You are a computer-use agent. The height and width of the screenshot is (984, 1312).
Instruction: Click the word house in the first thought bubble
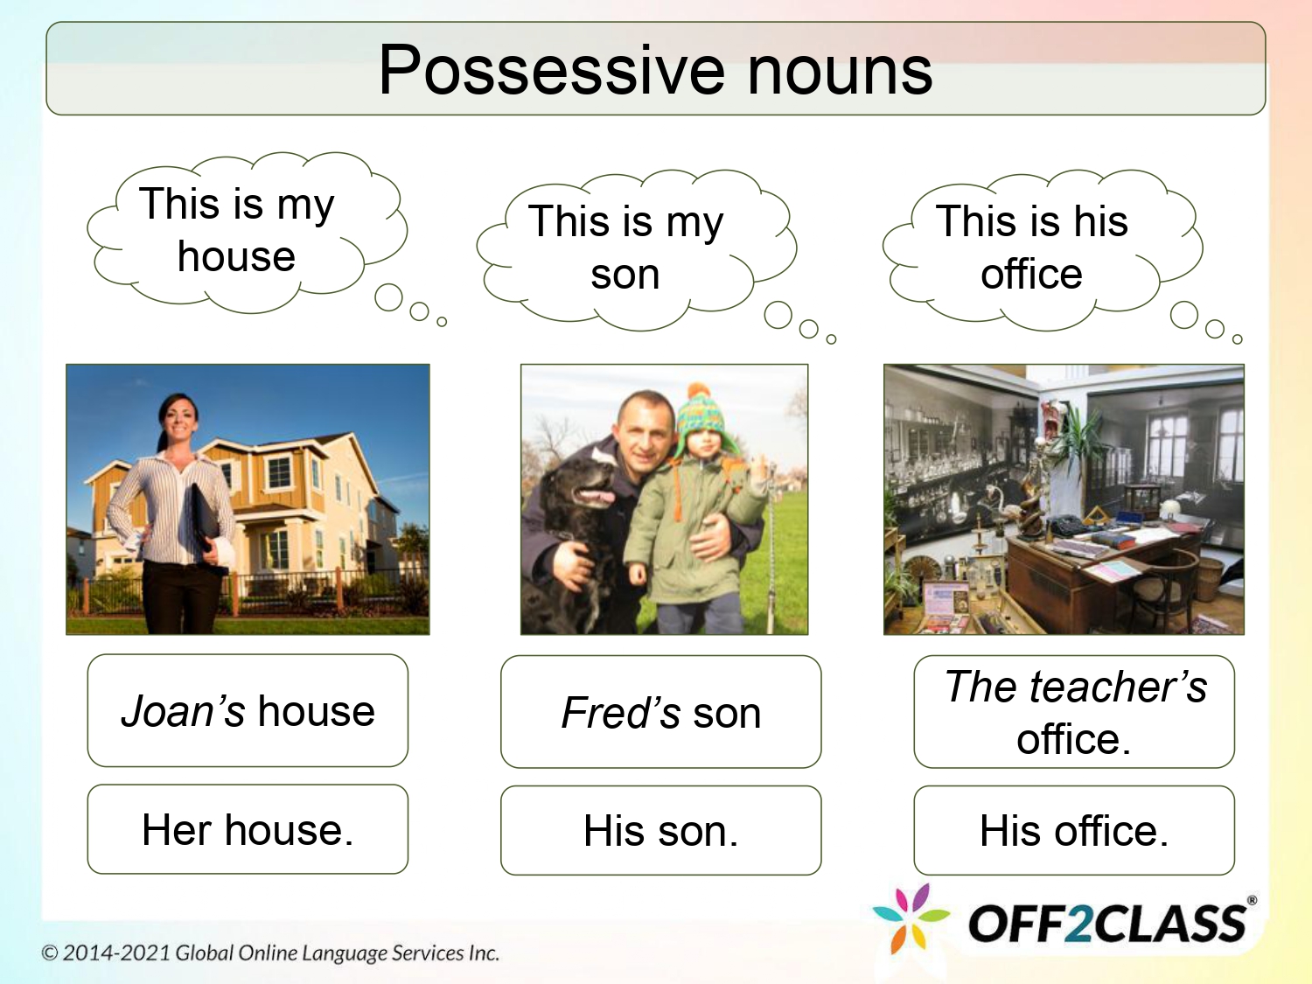[236, 257]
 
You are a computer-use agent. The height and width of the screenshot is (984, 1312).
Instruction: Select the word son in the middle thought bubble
[625, 275]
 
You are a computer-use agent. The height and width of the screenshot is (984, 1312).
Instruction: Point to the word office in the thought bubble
[1031, 275]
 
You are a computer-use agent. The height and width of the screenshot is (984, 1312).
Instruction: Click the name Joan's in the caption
[183, 711]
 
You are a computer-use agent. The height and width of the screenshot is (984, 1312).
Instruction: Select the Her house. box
[248, 829]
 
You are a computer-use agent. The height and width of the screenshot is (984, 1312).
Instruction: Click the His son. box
[660, 831]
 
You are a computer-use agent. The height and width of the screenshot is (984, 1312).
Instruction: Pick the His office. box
[1074, 831]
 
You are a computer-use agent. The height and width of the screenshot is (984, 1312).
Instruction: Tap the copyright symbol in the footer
[50, 953]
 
